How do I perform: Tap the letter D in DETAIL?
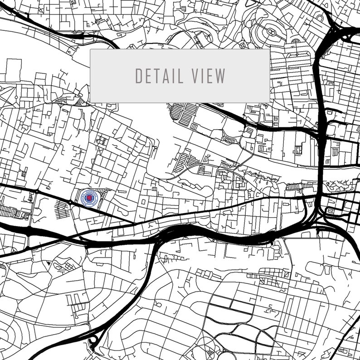tap(139, 76)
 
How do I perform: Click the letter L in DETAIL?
tap(181, 76)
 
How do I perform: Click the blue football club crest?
tap(89, 198)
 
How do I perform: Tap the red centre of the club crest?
tap(89, 198)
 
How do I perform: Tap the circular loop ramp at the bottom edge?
tap(94, 341)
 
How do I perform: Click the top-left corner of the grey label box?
tap(91, 49)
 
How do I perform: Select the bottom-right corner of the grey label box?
tap(269, 102)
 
